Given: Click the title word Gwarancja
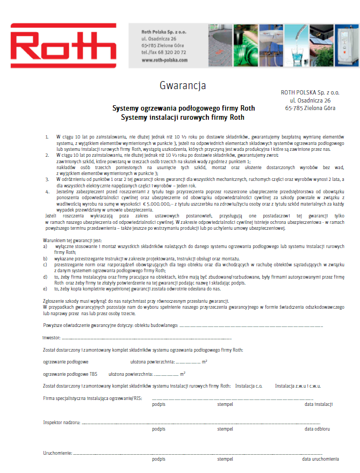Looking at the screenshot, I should pyautogui.click(x=183, y=85).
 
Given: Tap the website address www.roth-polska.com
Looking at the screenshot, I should pyautogui.click(x=164, y=61).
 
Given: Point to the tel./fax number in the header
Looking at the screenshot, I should pyautogui.click(x=164, y=53).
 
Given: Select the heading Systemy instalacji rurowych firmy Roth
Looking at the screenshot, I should pyautogui.click(x=183, y=117).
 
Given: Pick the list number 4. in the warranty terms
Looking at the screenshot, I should pyautogui.click(x=47, y=190).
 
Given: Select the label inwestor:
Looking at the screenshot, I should pyautogui.click(x=52, y=338).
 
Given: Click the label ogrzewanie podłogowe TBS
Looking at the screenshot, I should pyautogui.click(x=67, y=374).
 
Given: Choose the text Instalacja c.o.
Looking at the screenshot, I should pyautogui.click(x=248, y=385).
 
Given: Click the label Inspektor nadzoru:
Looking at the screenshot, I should pyautogui.click(x=62, y=422).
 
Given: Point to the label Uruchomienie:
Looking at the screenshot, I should pyautogui.click(x=57, y=453).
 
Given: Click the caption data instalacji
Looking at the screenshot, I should pyautogui.click(x=319, y=404).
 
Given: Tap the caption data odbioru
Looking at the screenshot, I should pyautogui.click(x=317, y=429).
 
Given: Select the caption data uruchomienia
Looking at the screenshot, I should pyautogui.click(x=320, y=459).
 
